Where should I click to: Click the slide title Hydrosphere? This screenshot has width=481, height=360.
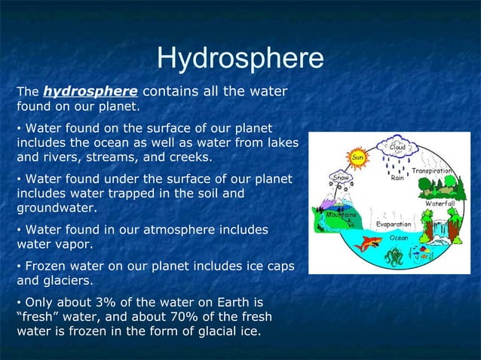[240, 59]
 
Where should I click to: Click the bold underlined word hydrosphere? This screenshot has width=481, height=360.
[90, 92]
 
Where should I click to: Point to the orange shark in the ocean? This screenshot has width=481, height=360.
[370, 243]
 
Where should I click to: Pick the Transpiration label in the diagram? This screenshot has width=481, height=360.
[432, 171]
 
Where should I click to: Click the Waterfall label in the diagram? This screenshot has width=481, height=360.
[440, 204]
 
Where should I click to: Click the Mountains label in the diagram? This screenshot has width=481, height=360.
[340, 214]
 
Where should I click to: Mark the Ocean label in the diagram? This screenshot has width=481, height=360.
[399, 236]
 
